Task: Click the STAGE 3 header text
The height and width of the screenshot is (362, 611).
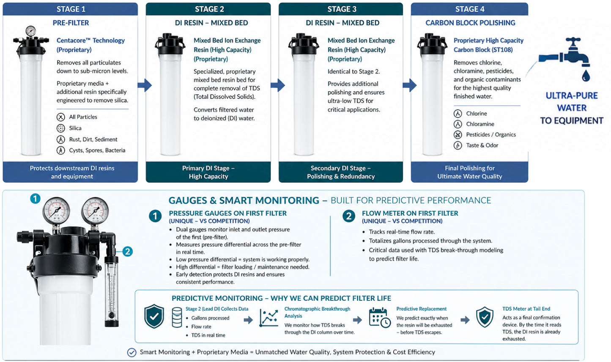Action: [342, 9]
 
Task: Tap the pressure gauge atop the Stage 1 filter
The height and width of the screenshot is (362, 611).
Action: [30, 31]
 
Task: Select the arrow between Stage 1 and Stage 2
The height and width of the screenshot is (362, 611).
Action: [145, 85]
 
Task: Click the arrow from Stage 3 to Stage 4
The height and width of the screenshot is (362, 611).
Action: [410, 85]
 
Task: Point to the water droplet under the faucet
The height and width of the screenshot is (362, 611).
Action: [586, 76]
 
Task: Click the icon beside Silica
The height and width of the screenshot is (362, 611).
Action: [60, 128]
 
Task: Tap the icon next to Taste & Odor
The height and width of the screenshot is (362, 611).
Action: [458, 145]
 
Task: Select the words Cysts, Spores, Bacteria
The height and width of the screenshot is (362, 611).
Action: [97, 150]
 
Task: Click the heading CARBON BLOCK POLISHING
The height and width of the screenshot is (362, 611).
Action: [470, 23]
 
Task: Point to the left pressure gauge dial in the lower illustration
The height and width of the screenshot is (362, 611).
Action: [56, 211]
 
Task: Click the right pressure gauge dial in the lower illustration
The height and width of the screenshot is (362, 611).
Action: [95, 211]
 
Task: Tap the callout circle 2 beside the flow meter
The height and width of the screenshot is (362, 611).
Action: [127, 251]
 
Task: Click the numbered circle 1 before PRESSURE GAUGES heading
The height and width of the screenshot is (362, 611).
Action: [155, 216]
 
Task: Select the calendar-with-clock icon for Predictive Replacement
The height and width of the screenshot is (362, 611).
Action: [380, 318]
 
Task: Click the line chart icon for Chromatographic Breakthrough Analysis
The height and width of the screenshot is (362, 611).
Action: [269, 318]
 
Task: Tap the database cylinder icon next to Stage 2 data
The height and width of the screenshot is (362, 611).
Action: [177, 317]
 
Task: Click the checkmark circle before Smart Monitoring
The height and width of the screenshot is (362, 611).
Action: [132, 352]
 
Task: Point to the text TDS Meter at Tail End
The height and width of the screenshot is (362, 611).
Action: [526, 309]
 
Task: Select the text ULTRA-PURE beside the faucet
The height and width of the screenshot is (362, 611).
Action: [572, 95]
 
